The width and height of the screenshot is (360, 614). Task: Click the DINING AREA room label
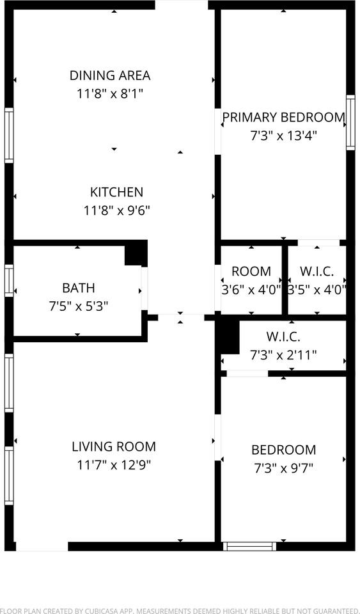pos(110,75)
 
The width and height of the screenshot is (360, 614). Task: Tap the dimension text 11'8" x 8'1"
pos(110,94)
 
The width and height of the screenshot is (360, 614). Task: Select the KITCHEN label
pos(116,192)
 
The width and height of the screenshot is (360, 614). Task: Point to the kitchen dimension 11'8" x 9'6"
pos(116,210)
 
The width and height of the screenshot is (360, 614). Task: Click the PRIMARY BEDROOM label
pos(283,117)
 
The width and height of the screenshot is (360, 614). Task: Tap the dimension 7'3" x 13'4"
pos(283,136)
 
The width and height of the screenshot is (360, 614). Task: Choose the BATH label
pos(79,288)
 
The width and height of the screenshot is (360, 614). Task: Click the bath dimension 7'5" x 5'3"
pos(79,306)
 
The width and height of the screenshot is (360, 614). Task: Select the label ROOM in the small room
pos(251,271)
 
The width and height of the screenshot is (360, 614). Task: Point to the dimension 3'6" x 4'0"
pos(251,289)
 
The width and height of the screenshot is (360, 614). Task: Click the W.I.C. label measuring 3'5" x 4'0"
pos(317,271)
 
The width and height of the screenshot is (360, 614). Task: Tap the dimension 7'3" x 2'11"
pos(283,354)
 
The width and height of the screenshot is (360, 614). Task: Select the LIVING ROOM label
pos(114,447)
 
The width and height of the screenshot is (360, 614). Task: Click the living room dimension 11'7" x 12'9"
pos(114,465)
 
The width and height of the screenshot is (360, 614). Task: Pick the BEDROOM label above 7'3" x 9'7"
pos(283,450)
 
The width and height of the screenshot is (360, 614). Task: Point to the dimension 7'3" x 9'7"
pos(283,468)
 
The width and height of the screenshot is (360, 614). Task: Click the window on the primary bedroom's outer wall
pos(350,122)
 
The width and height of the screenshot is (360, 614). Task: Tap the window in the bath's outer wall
pos(9,281)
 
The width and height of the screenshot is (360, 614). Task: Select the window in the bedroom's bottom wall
pos(249,546)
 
